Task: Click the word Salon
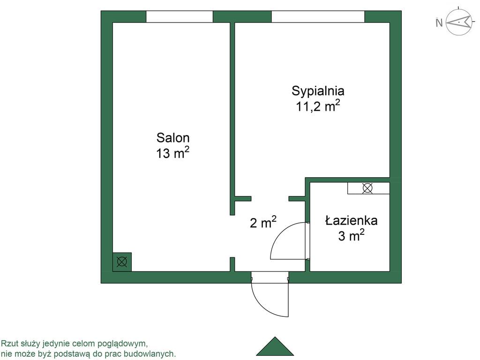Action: click(173, 138)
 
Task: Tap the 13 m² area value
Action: click(173, 153)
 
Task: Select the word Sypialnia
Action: click(318, 90)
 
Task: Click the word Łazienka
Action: click(352, 220)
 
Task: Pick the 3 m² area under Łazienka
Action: click(352, 235)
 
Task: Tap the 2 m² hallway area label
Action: click(263, 223)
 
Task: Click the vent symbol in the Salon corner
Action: click(122, 262)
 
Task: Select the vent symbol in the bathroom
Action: click(367, 188)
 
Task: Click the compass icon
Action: click(458, 22)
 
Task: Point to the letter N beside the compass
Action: click(439, 23)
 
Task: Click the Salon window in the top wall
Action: click(180, 16)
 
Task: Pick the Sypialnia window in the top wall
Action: click(318, 16)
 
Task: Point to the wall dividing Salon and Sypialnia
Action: click(232, 117)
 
